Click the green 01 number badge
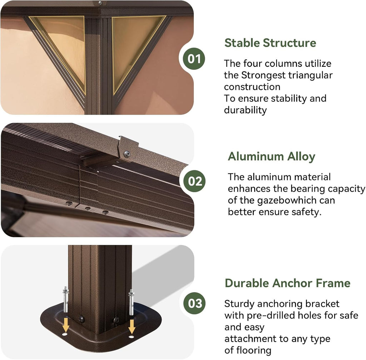coord(194,59)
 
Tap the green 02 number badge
coord(194,181)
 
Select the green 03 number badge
coord(194,303)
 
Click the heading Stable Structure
coord(270,43)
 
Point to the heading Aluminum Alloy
coord(272,156)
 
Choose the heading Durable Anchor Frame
coord(288,283)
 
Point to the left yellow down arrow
coord(66,324)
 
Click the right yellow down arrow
coord(132,326)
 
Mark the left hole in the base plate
coord(65,334)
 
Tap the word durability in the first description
coord(245,110)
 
